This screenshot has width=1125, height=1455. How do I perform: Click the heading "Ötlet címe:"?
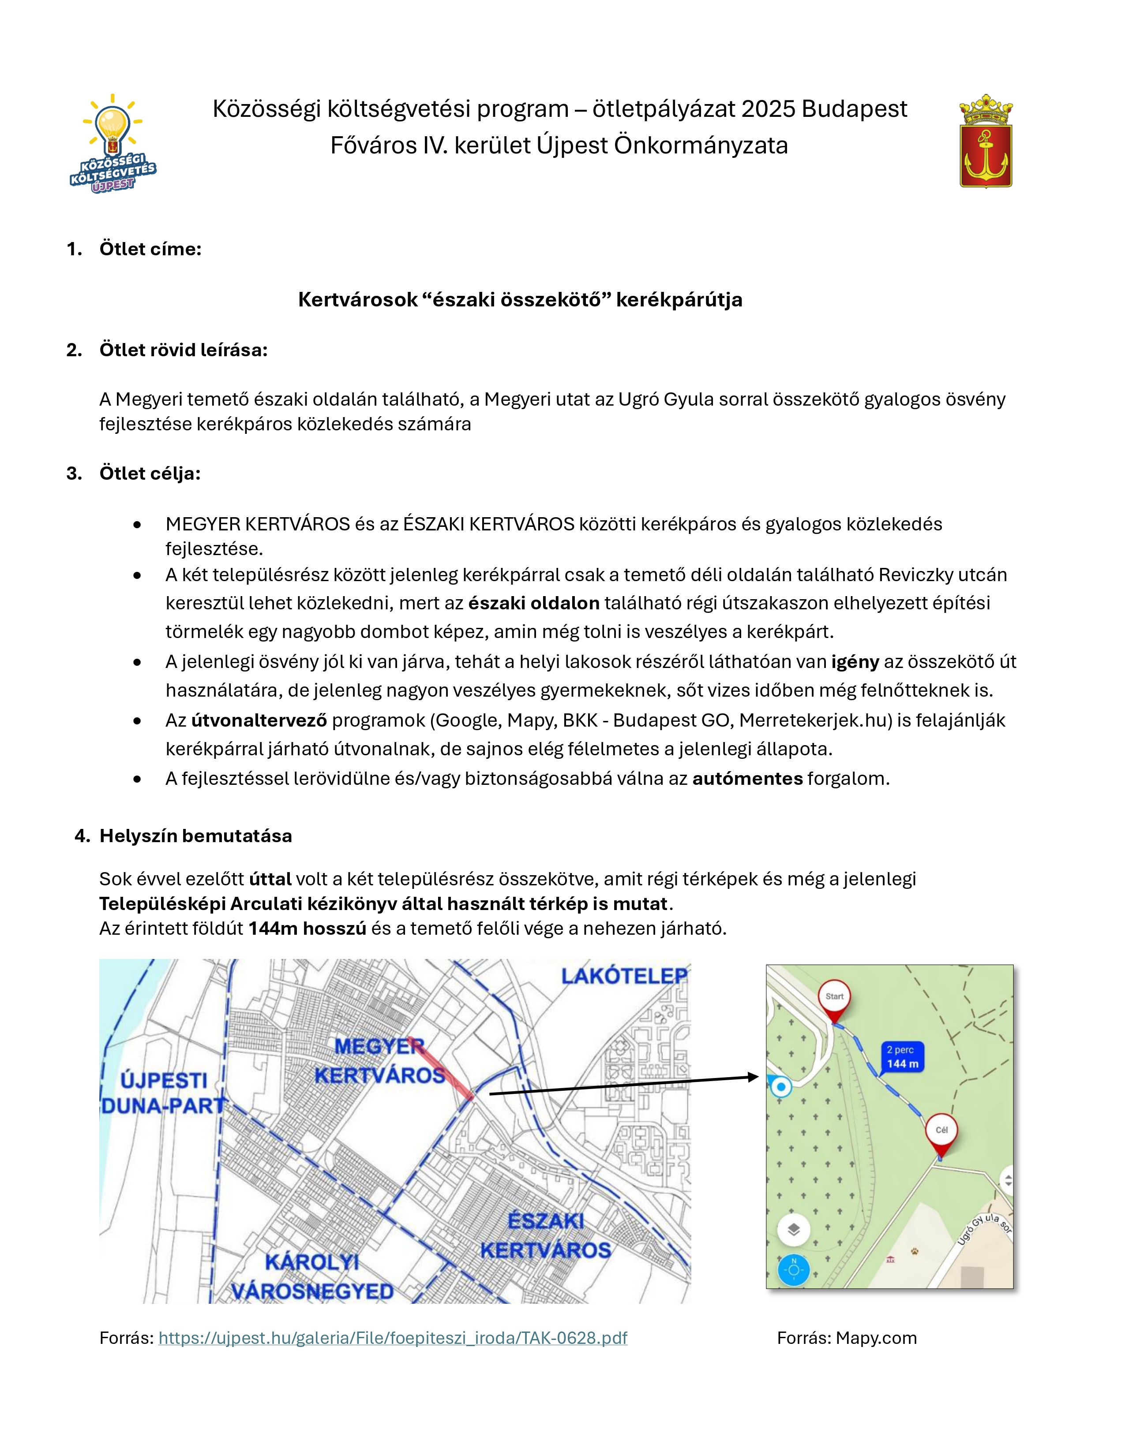(x=150, y=249)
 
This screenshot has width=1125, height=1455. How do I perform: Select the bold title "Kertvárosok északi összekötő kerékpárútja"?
(x=520, y=300)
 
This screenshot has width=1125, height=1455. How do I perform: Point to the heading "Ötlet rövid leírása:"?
(x=183, y=350)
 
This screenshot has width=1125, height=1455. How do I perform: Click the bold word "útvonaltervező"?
(x=259, y=720)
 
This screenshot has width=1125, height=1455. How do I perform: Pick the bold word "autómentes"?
(x=747, y=778)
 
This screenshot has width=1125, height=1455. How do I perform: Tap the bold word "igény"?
(x=855, y=661)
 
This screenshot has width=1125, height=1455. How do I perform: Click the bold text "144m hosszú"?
(x=307, y=928)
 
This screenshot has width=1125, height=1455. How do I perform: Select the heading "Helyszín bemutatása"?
(x=195, y=836)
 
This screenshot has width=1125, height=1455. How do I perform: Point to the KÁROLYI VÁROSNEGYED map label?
(x=312, y=1276)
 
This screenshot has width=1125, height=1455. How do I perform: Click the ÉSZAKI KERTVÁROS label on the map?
(x=545, y=1236)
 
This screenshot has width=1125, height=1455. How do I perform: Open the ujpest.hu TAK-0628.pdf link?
(x=393, y=1338)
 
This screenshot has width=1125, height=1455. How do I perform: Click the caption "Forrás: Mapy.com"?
(x=847, y=1338)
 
